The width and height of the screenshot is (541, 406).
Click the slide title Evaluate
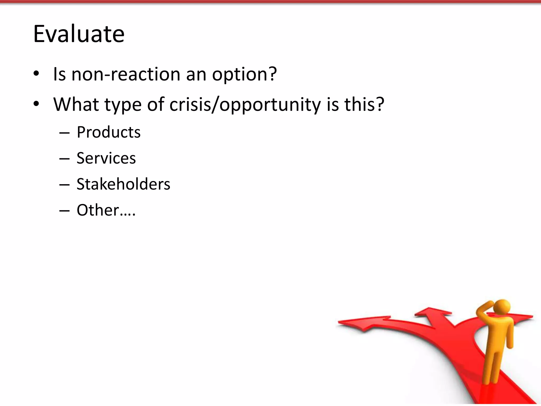[x=79, y=34]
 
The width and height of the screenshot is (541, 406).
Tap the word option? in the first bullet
[x=244, y=75]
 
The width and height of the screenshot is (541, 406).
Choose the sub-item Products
[x=109, y=132]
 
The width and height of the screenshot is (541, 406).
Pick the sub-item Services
[x=106, y=158]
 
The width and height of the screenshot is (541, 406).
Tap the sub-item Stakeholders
[x=123, y=184]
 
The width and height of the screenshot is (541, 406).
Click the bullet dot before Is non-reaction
[x=36, y=74]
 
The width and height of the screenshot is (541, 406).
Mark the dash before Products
[x=64, y=133]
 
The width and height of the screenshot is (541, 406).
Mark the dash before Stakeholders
[x=64, y=185]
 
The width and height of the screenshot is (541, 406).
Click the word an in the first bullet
[x=196, y=75]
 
